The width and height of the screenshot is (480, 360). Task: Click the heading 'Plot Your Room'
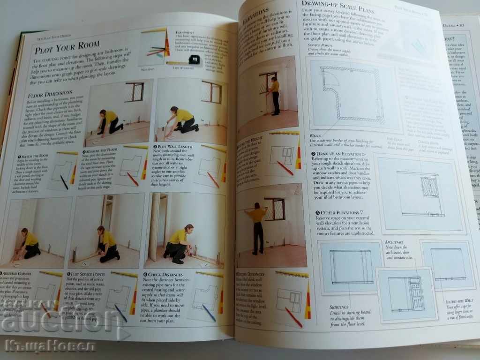pyautogui.click(x=67, y=47)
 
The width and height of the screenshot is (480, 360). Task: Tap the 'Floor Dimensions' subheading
pyautogui.click(x=50, y=94)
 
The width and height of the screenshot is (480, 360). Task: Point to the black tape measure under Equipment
pyautogui.click(x=193, y=59)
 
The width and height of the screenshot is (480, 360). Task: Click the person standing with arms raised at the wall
pyautogui.click(x=257, y=226)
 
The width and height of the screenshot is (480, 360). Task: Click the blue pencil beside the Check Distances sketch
pyautogui.click(x=209, y=313)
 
